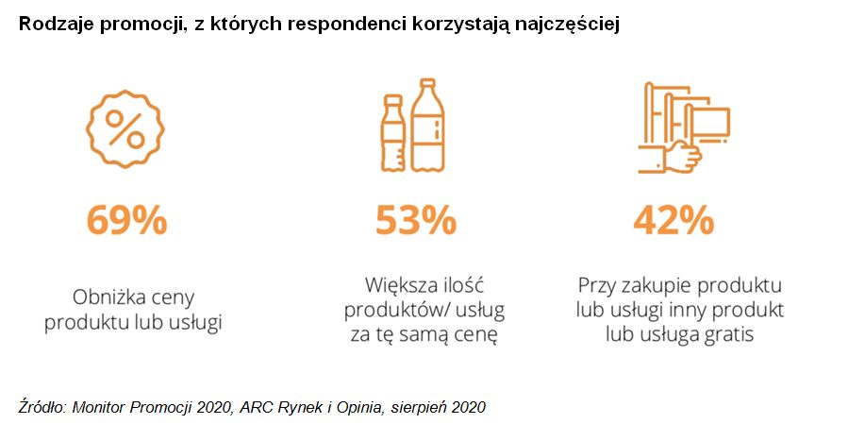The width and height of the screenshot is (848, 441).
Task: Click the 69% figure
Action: (x=127, y=221)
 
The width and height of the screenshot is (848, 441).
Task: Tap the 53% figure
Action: (x=415, y=221)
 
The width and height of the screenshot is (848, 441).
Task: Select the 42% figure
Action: (x=673, y=221)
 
